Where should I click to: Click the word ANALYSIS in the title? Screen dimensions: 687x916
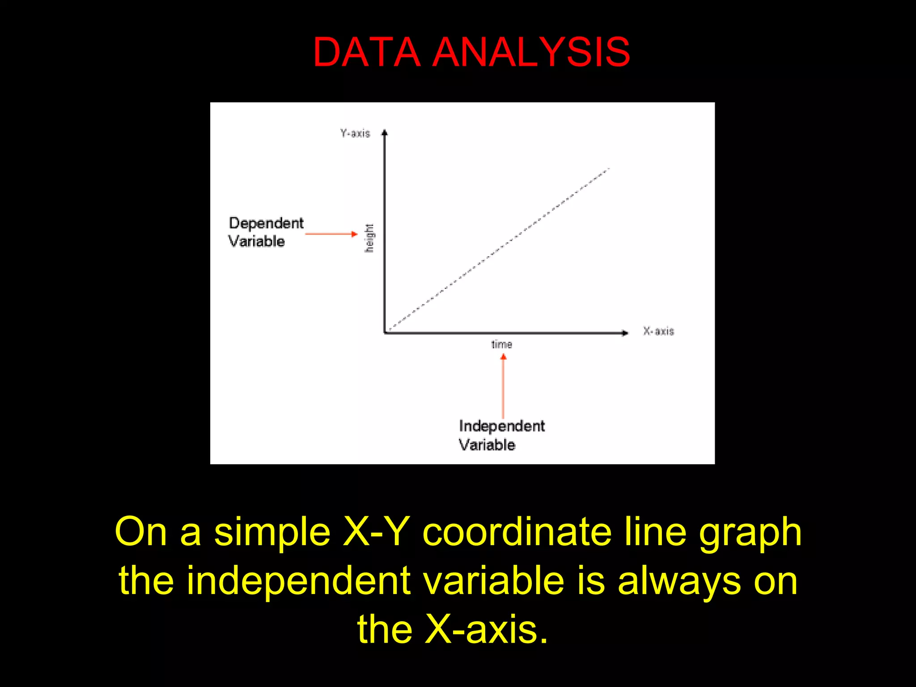[x=531, y=52]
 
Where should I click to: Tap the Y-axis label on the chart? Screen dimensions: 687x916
[x=355, y=133]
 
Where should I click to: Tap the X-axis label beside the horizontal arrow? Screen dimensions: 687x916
[x=658, y=331]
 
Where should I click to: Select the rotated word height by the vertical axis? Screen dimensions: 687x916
[x=369, y=238]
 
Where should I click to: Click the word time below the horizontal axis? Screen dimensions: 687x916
[x=501, y=344]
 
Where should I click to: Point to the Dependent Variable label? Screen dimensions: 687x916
[x=266, y=232]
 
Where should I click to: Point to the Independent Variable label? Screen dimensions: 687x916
[x=501, y=435]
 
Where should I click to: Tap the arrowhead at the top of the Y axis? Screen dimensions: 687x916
[x=384, y=133]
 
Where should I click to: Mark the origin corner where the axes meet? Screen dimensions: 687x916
[x=385, y=332]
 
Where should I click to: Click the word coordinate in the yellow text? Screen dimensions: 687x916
[x=517, y=532]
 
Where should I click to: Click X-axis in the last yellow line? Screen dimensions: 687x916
[x=486, y=629]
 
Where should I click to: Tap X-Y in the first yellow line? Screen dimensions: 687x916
[x=376, y=532]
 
